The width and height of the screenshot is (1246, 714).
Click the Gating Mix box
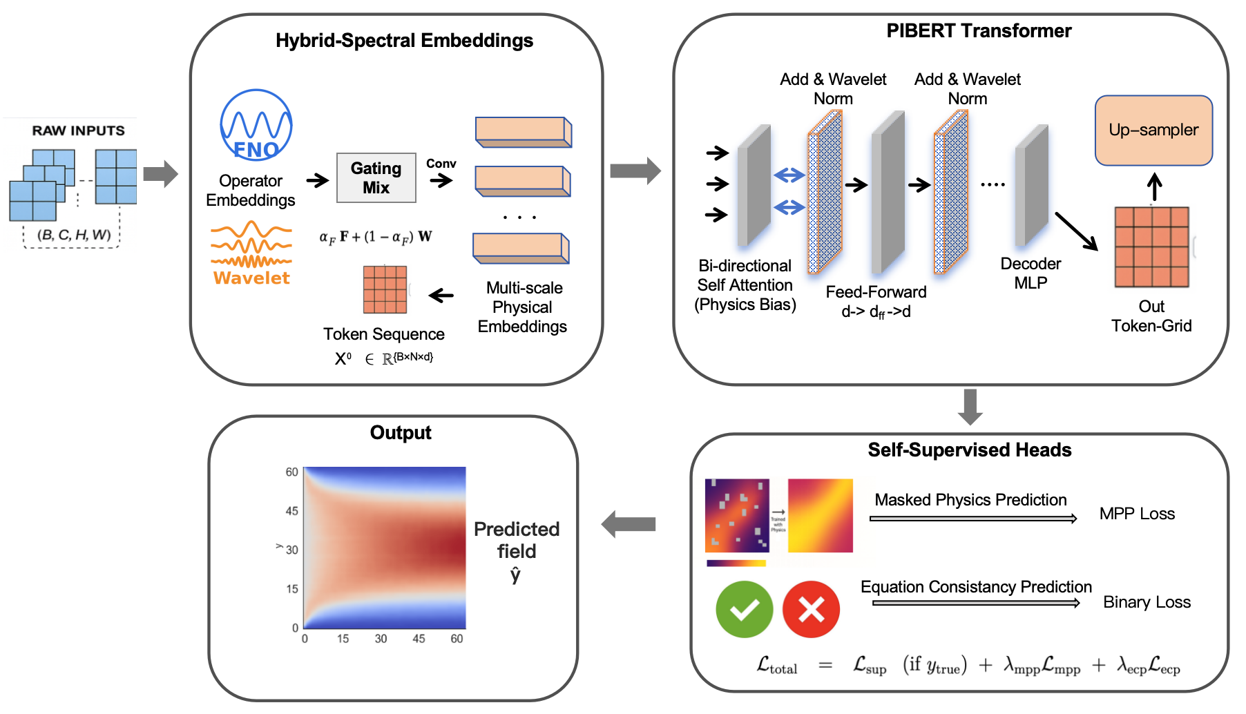click(x=376, y=177)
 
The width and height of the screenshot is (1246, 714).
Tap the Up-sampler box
click(x=1153, y=130)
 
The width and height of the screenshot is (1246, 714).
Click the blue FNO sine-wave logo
click(x=256, y=125)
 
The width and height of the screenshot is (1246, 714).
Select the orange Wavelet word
click(x=251, y=278)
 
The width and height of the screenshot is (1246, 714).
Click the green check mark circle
click(x=744, y=609)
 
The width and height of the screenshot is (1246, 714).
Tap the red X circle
click(x=810, y=609)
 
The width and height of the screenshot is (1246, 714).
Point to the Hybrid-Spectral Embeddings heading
click(x=404, y=41)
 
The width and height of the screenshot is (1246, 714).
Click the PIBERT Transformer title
click(x=979, y=31)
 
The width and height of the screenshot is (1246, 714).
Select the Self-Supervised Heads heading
click(x=969, y=450)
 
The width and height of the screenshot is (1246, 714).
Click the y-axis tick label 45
click(x=291, y=511)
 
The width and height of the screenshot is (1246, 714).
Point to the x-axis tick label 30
click(x=381, y=639)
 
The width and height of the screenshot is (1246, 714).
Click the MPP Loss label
click(x=1136, y=514)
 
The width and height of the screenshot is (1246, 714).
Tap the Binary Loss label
click(x=1147, y=602)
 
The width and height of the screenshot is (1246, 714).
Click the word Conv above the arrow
click(x=441, y=164)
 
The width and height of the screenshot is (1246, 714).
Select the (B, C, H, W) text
click(x=74, y=235)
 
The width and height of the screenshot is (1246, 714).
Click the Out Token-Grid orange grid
click(x=1151, y=247)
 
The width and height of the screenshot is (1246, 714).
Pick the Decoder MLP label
click(x=1031, y=273)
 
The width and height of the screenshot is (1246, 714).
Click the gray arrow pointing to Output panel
click(x=629, y=524)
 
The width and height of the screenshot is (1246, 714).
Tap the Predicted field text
click(x=516, y=540)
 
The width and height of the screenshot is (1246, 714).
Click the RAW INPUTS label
click(x=78, y=131)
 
